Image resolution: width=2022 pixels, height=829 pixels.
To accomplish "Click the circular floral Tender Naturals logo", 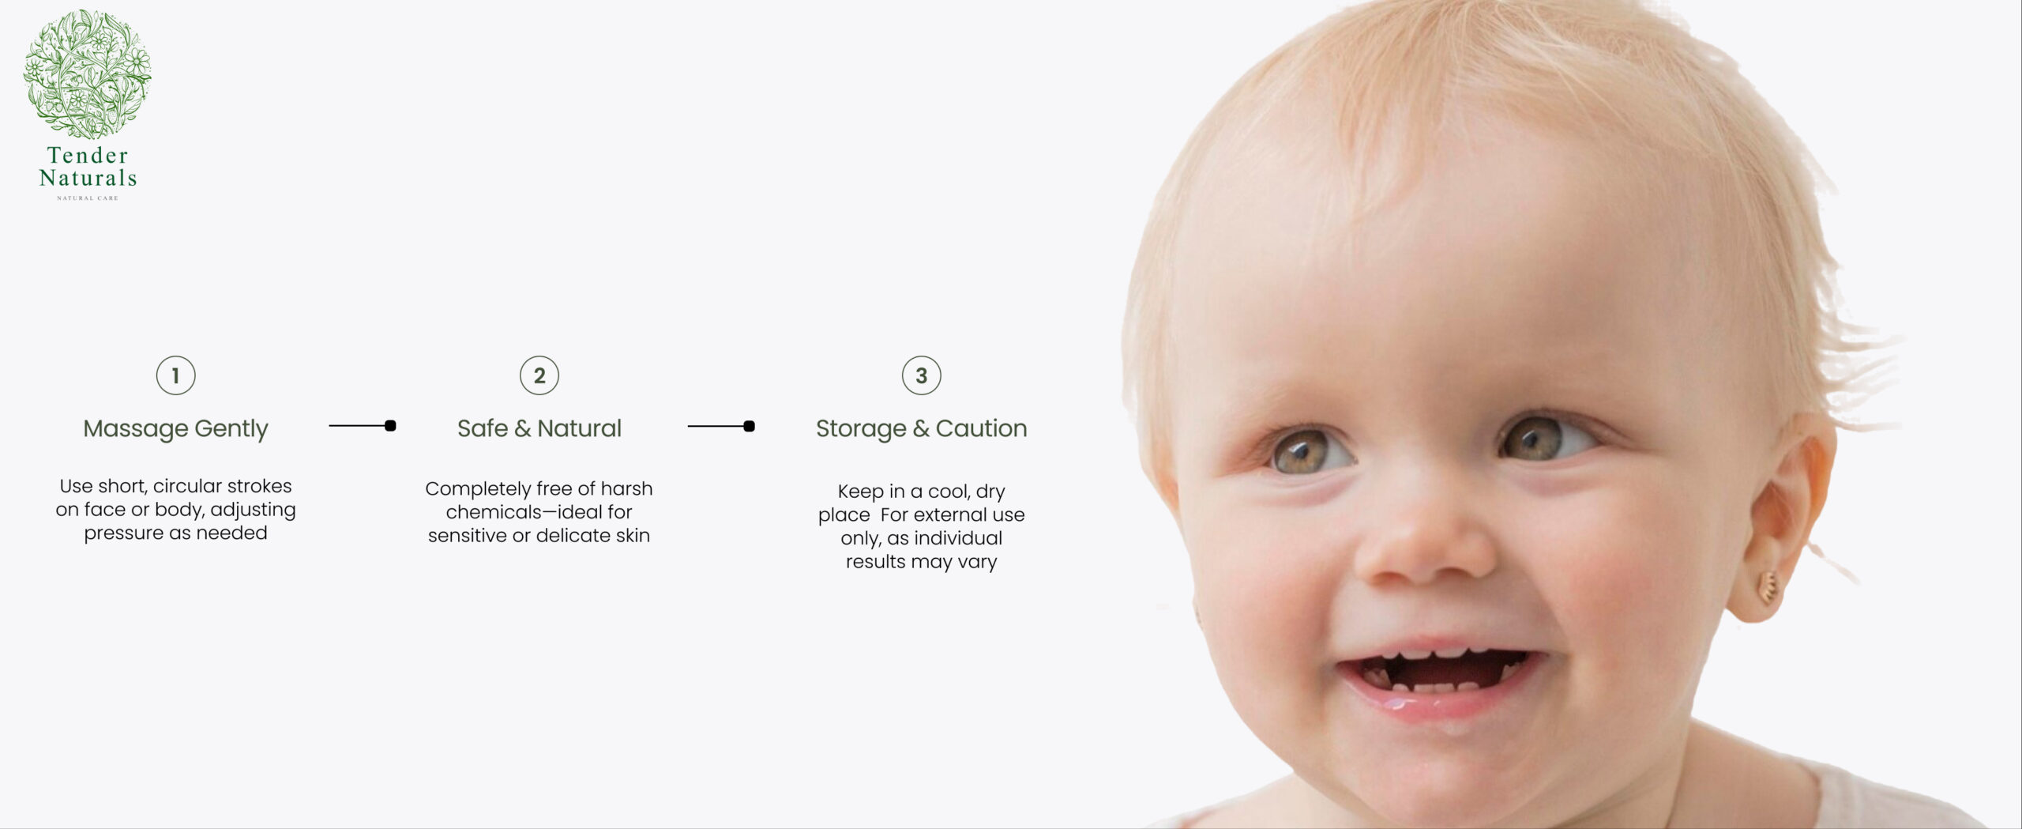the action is point(87,74).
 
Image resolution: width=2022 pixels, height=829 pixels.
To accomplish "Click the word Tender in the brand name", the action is point(88,155).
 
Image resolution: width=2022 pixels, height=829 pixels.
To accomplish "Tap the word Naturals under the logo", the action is point(88,178).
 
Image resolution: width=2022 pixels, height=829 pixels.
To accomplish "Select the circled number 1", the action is point(175,375).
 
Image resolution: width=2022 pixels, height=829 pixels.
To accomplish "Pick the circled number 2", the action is point(539,375).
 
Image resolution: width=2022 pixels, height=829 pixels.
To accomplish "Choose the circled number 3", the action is point(922,375).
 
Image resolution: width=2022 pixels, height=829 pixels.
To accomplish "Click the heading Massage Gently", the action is point(175,429).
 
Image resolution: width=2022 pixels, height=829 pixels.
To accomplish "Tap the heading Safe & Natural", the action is point(539,428).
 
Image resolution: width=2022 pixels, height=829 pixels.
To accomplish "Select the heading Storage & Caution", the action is point(922,429).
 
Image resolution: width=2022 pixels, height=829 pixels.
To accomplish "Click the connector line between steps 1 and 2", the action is point(363,426).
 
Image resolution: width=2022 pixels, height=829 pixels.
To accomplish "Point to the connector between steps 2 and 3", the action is point(721,427).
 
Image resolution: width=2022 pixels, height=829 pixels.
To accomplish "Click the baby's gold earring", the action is point(1768,589).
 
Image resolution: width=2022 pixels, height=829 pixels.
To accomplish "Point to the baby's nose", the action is point(1426,529).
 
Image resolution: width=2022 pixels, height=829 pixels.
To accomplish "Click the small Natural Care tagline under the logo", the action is point(88,198).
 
